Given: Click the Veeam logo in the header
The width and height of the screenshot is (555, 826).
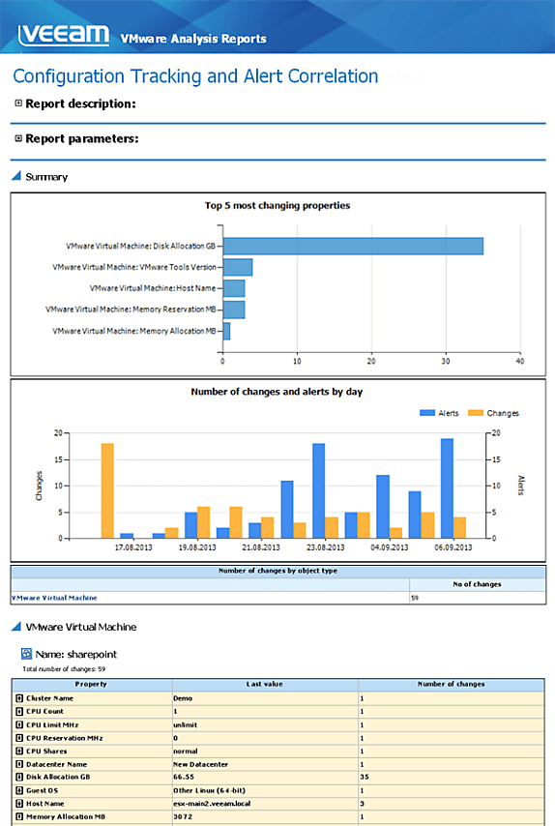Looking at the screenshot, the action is (64, 35).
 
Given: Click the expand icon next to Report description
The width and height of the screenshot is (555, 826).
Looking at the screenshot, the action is (18, 103).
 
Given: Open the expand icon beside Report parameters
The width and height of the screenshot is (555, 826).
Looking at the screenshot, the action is (18, 138).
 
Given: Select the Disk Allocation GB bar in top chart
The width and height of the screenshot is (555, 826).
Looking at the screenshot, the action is (353, 246).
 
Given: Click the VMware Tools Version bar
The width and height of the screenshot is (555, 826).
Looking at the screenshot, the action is (238, 267).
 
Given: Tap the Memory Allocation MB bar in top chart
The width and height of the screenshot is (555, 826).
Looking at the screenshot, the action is (226, 331).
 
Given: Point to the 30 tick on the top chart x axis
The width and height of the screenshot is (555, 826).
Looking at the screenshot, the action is (446, 362).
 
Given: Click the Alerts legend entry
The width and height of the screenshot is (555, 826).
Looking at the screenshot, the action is (439, 413).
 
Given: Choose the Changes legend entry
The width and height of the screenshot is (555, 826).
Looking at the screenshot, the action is (493, 413).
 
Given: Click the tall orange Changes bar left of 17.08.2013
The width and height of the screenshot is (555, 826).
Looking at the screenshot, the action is (107, 491).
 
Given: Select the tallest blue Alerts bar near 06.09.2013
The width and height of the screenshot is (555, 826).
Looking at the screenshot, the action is (447, 488).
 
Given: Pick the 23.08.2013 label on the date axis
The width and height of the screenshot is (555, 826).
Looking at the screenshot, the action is (326, 547).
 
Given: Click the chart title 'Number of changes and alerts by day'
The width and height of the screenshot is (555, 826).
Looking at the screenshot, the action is (277, 392).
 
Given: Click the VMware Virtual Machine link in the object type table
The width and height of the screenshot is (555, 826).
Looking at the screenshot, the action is (54, 598).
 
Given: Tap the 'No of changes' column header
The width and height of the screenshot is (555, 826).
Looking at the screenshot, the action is (477, 584).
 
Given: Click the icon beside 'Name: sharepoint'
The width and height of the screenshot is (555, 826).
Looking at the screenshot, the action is (26, 654).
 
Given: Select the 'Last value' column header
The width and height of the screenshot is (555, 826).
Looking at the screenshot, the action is (264, 684).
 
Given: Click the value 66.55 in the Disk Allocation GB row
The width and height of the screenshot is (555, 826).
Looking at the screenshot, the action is (184, 777).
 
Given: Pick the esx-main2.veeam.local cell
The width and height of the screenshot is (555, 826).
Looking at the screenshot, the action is (212, 804).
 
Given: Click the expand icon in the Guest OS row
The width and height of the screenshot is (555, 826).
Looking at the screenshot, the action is (19, 790).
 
